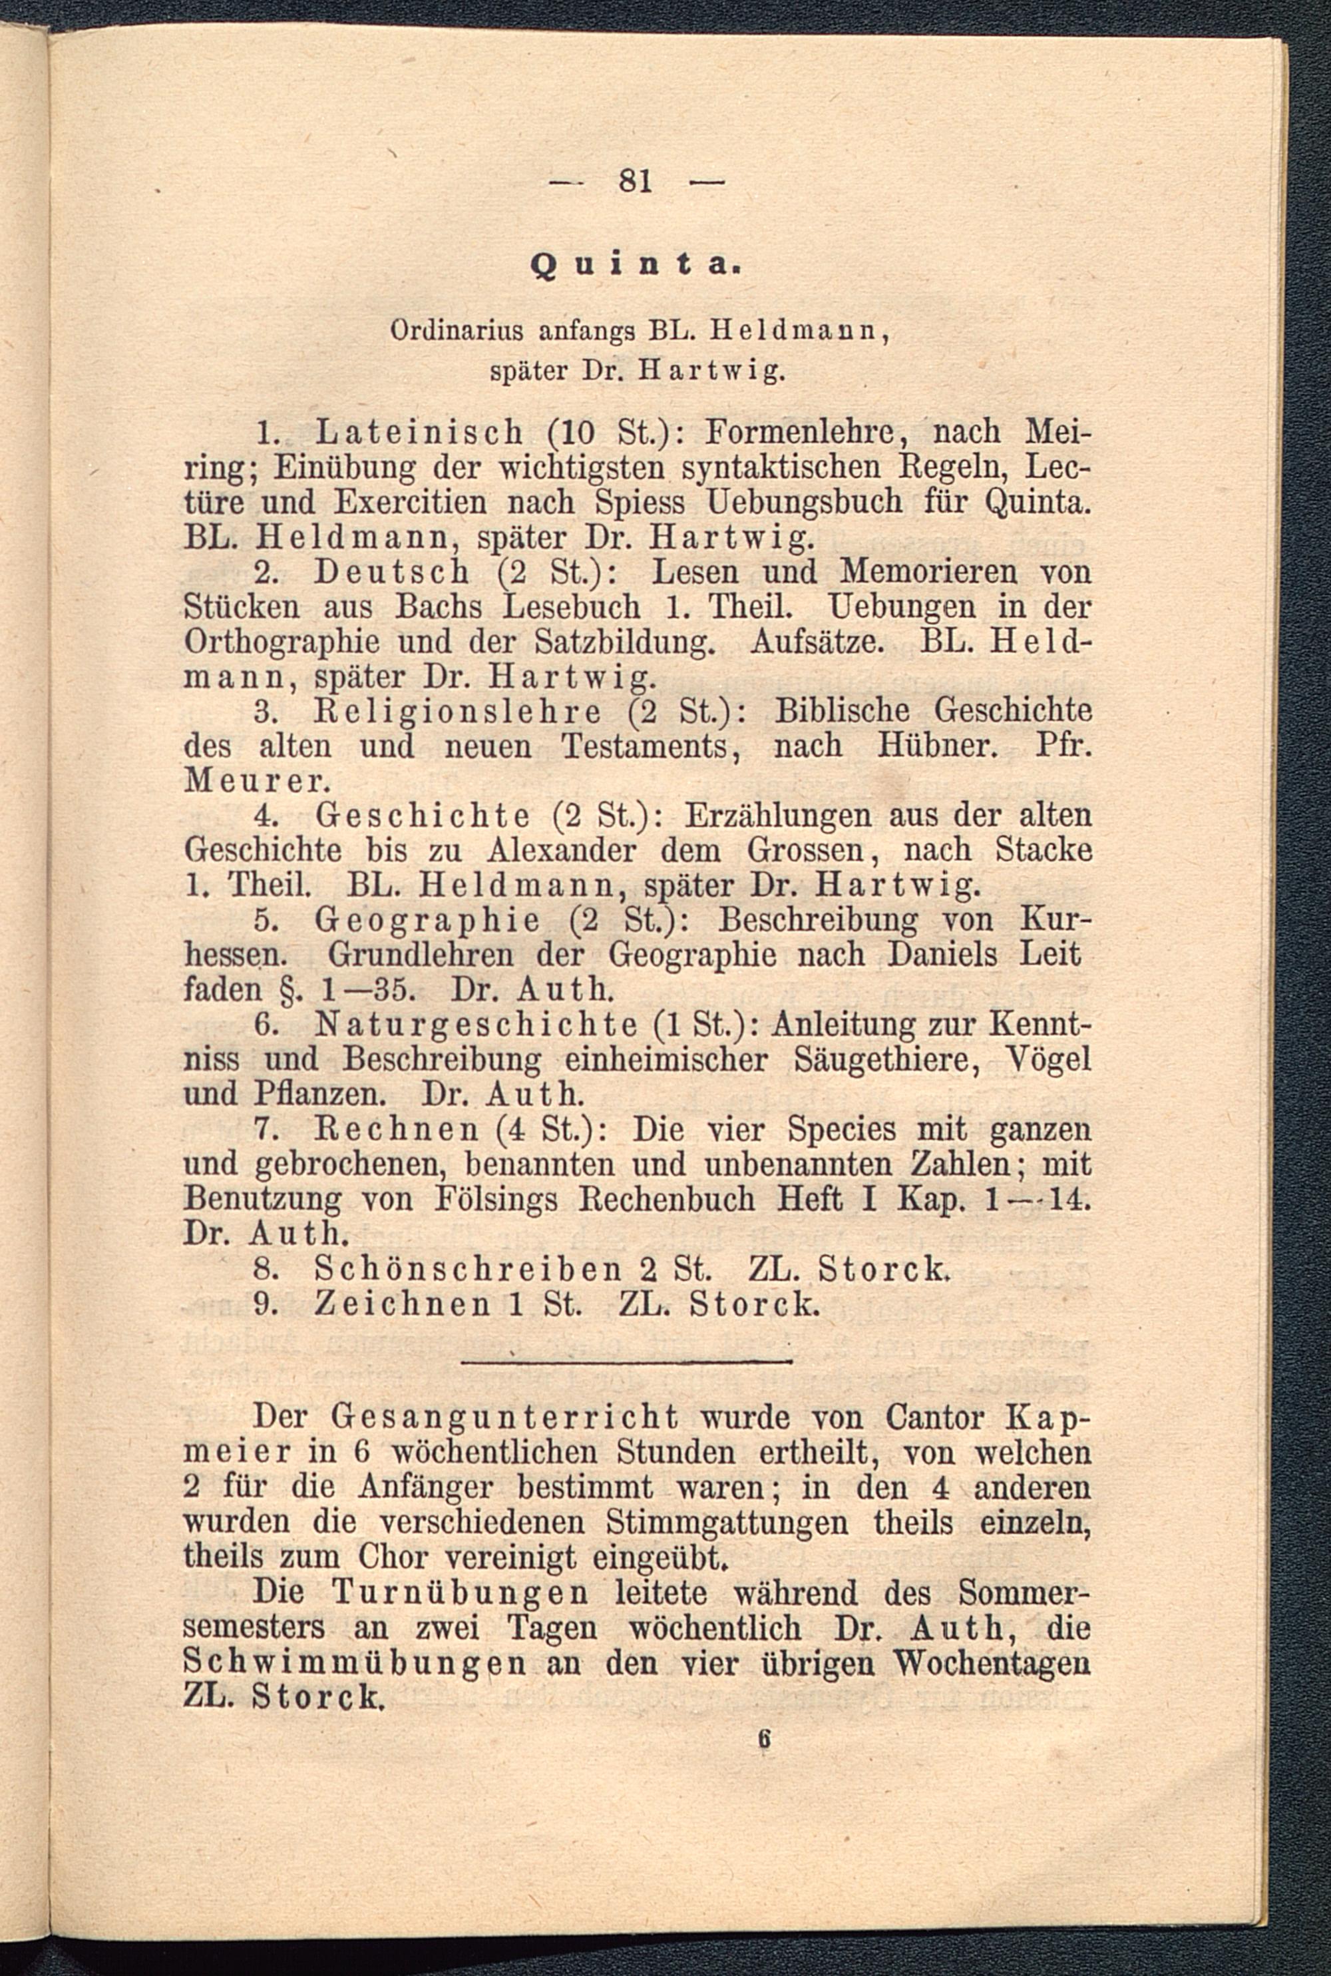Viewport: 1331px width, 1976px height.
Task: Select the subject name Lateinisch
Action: [421, 434]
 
